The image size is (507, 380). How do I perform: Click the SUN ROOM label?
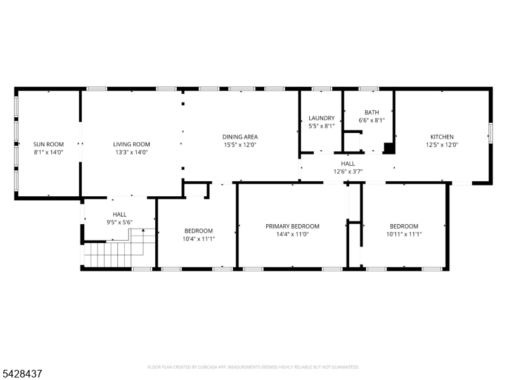49,144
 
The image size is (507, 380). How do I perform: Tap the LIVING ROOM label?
132,144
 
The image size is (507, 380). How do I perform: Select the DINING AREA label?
240,137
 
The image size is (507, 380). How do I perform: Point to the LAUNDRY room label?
321,118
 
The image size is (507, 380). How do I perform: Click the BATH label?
372,113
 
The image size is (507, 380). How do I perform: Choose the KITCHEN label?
442,137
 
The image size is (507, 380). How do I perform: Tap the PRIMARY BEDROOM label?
292,227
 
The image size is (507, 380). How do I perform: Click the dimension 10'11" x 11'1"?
404,234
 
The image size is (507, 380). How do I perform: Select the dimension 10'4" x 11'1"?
199,239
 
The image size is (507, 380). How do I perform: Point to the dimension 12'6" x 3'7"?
348,172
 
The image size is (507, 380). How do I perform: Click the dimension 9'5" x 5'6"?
120,222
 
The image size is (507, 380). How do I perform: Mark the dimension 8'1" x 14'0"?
49,152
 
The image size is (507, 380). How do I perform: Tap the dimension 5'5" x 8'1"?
321,126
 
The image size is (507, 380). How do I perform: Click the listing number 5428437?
21,374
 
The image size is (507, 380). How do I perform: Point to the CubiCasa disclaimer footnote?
253,367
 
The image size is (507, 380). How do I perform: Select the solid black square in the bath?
389,148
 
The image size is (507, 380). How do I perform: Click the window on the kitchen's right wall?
491,133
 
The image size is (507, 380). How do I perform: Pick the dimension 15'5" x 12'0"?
240,145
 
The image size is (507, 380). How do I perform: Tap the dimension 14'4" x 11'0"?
292,234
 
